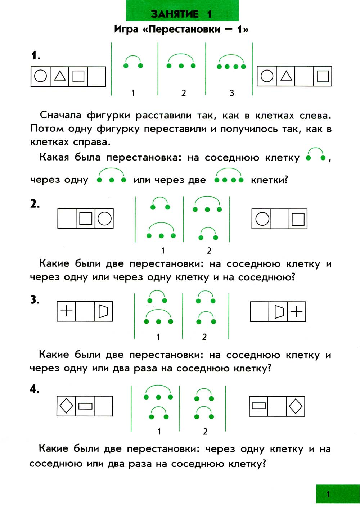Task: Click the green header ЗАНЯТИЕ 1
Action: click(182, 14)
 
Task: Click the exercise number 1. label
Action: click(36, 55)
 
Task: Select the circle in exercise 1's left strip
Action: click(40, 76)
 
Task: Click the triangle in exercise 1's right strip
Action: click(286, 76)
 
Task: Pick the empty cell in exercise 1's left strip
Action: click(96, 76)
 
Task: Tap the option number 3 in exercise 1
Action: click(232, 93)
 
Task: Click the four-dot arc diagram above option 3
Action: click(231, 63)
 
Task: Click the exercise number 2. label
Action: click(35, 204)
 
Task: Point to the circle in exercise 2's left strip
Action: click(104, 218)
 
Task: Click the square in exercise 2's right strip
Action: click(298, 219)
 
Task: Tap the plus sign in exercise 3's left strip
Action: click(67, 311)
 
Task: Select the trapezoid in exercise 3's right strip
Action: click(279, 311)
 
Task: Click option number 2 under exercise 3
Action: click(204, 337)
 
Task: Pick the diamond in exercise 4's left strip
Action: click(66, 406)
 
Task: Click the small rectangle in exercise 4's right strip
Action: click(259, 406)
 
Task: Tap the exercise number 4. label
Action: click(35, 389)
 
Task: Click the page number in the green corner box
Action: click(328, 494)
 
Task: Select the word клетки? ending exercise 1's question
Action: click(269, 180)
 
